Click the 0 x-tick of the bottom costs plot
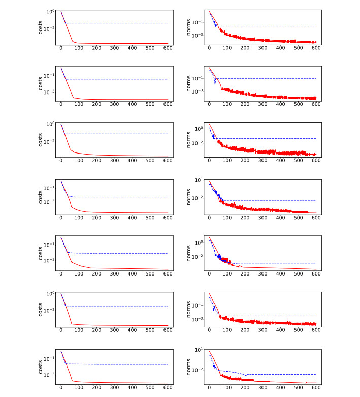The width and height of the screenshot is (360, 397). pyautogui.click(x=61, y=387)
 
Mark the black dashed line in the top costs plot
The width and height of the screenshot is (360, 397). pyautogui.click(x=117, y=24)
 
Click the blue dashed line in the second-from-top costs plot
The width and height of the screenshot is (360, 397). pyautogui.click(x=117, y=80)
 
